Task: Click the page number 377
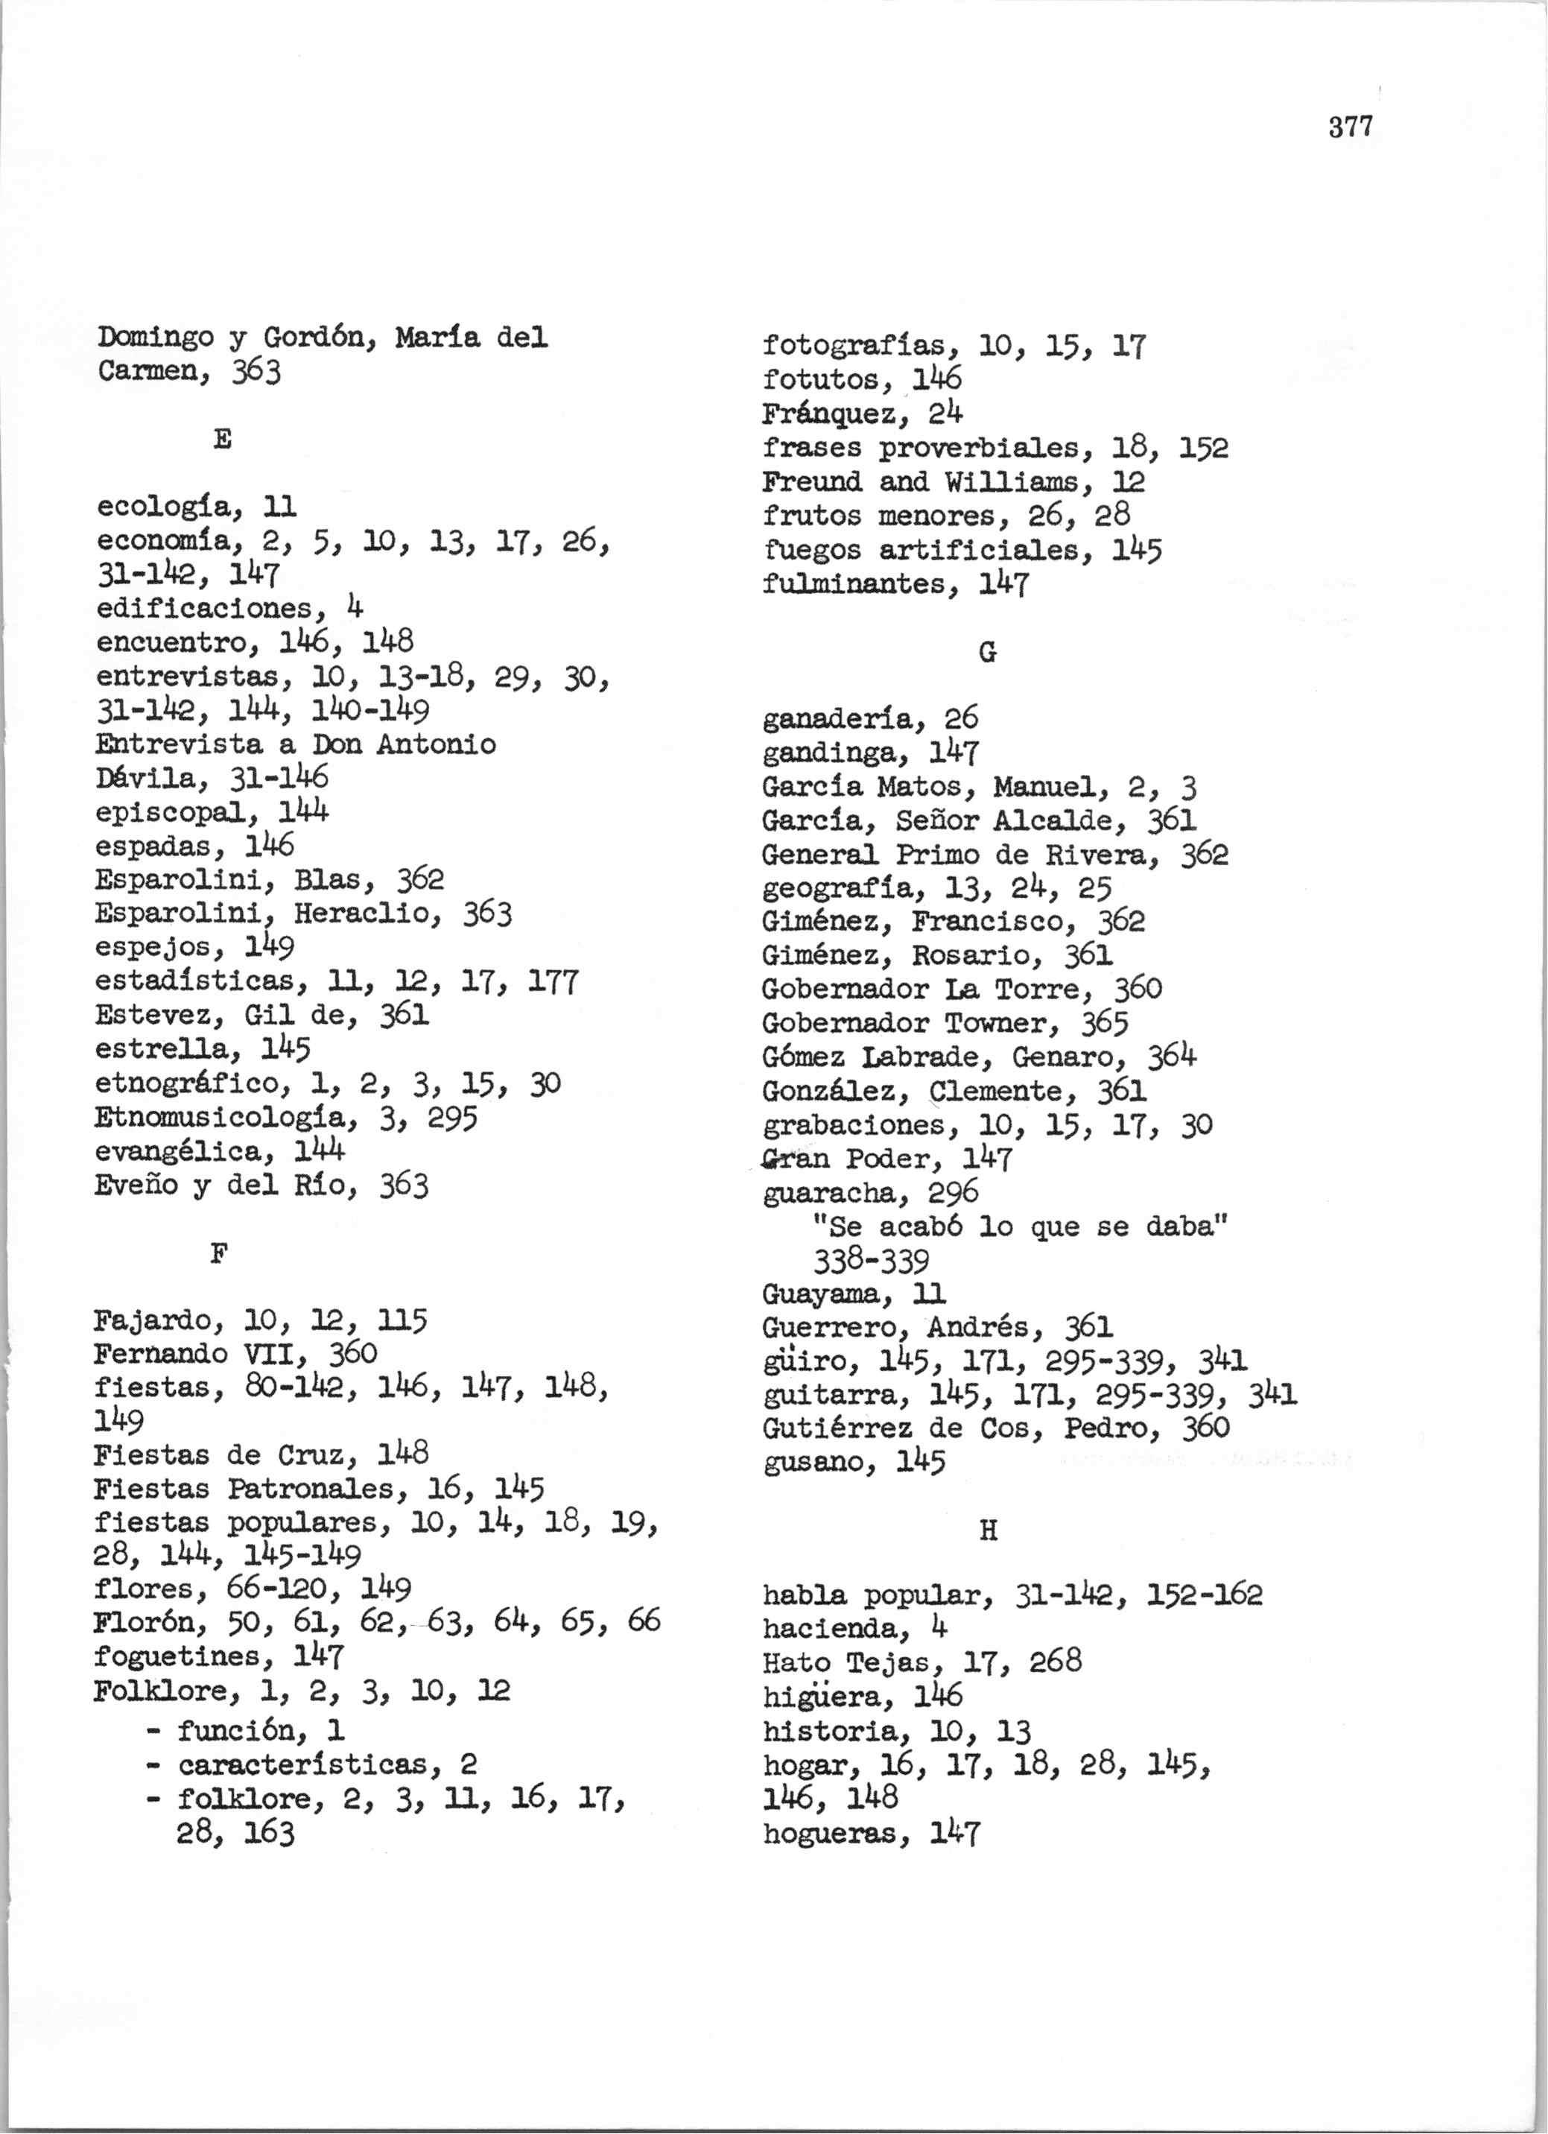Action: [x=1351, y=127]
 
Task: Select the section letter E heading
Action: [x=223, y=440]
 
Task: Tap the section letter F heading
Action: [x=219, y=1254]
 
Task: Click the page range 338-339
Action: [x=871, y=1261]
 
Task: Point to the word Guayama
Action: [x=827, y=1296]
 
